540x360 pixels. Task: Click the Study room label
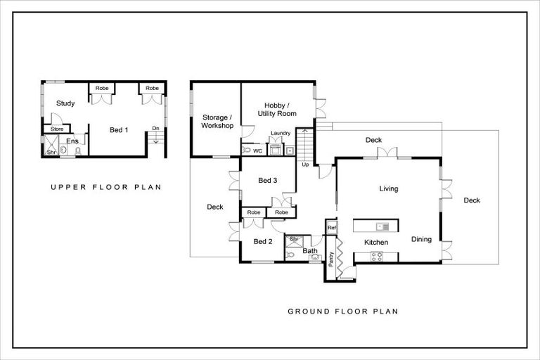(x=65, y=103)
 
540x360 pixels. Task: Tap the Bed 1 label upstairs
(x=118, y=130)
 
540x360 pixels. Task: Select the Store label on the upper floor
(x=57, y=129)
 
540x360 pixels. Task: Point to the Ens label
(x=72, y=141)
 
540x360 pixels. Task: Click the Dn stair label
(x=155, y=128)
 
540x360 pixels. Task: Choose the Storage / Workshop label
(x=215, y=121)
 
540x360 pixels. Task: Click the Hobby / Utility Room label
(x=277, y=108)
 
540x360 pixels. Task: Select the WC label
(x=257, y=150)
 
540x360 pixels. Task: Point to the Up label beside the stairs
(x=305, y=165)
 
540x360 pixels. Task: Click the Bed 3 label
(x=268, y=181)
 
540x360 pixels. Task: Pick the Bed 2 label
(x=263, y=242)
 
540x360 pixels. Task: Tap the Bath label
(x=310, y=250)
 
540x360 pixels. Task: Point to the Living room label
(x=389, y=188)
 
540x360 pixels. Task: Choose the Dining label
(x=422, y=239)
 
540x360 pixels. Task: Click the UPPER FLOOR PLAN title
(x=105, y=187)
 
